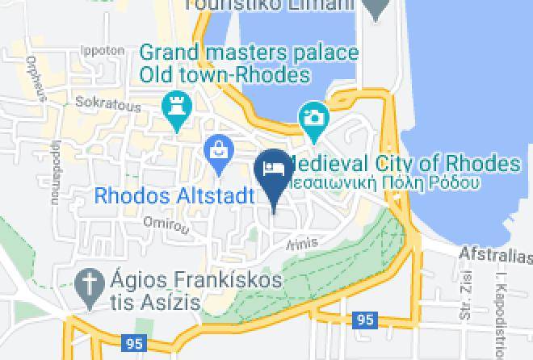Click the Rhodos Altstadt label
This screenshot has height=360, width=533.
(x=174, y=195)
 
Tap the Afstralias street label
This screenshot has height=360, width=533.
(x=495, y=256)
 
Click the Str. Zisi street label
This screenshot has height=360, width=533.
(x=466, y=308)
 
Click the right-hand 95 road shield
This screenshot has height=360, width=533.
(x=365, y=320)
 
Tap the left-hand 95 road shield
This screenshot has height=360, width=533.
(x=135, y=343)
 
